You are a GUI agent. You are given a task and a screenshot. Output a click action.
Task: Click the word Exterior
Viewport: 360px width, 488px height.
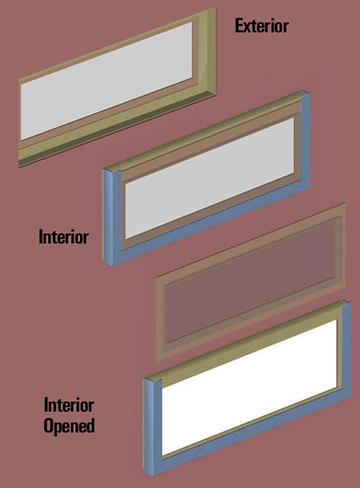262,26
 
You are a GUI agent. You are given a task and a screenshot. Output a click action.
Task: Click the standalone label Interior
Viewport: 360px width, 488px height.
63,237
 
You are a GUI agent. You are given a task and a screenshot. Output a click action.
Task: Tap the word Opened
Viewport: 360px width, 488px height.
69,425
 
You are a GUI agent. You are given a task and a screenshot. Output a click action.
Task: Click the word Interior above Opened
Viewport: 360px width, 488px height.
69,405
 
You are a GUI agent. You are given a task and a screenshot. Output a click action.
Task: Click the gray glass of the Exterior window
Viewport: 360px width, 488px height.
106,81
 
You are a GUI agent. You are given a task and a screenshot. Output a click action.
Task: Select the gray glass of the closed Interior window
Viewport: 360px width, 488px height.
209,178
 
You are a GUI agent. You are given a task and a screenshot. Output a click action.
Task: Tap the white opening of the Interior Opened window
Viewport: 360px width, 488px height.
249,387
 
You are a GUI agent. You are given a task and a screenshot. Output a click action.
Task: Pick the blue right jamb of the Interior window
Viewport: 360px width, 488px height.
306,140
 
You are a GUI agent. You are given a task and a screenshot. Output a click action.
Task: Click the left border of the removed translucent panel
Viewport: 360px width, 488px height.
161,317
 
